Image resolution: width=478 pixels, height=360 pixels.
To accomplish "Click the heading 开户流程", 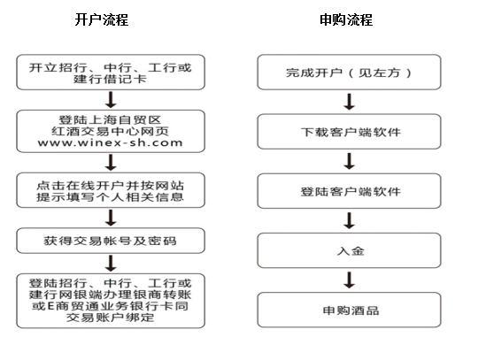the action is tap(102, 19).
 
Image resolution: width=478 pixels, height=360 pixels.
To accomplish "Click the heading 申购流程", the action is tap(346, 19).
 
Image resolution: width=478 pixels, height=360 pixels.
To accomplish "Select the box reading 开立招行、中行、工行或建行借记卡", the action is tap(111, 73).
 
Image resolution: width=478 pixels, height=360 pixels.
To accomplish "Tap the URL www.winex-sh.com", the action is tap(110, 142).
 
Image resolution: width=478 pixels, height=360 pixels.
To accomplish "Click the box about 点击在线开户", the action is tap(111, 190).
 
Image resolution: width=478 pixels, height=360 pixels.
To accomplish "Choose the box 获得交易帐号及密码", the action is tap(111, 241).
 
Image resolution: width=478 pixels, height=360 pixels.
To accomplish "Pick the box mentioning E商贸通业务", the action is tap(111, 301).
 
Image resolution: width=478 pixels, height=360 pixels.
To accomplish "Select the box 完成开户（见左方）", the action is tap(349, 73).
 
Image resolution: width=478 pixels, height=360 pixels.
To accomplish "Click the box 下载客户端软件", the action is tap(349, 132).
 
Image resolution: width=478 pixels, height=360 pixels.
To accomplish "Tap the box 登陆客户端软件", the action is tap(349, 191).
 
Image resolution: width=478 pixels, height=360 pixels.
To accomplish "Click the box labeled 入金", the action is tap(349, 250).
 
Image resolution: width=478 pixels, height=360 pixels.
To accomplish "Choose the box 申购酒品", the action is tap(349, 310).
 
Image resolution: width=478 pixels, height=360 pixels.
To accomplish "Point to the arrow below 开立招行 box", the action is tap(111, 100).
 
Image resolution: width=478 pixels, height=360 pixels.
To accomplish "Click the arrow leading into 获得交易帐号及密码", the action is tap(111, 218).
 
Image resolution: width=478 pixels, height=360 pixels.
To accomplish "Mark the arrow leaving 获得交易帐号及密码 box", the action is tap(111, 264).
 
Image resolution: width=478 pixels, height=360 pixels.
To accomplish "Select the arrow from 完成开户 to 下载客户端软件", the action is tap(350, 102).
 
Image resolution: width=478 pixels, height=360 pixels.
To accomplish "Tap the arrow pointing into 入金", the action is tap(350, 220).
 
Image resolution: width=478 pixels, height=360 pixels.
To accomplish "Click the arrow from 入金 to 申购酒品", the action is tap(350, 280).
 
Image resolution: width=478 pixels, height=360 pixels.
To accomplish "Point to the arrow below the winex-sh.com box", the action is tap(111, 163).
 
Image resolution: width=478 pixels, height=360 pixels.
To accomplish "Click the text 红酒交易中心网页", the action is tap(110, 131).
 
